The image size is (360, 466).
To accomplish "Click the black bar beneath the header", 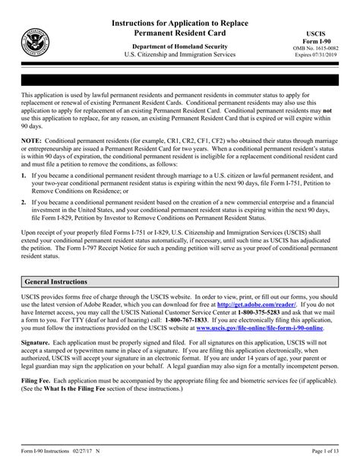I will click(180, 78).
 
